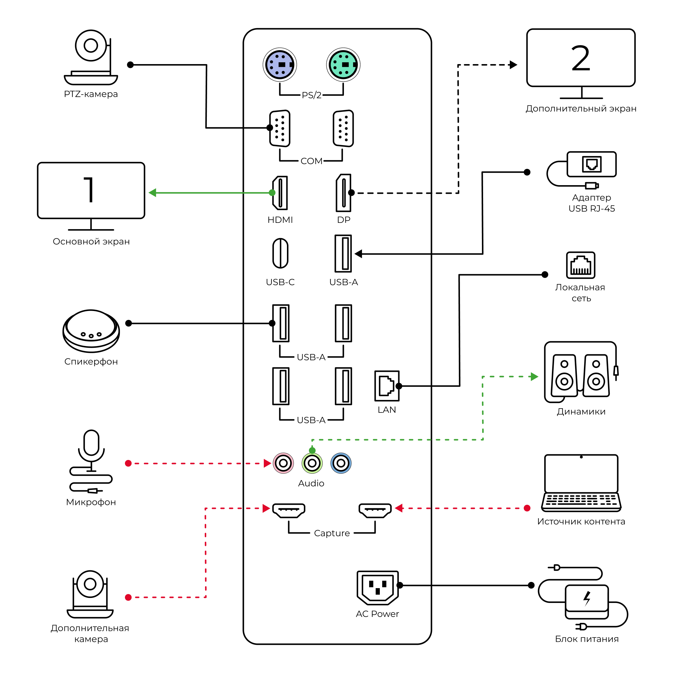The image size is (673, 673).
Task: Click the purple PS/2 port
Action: click(280, 65)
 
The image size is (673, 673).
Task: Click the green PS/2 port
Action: click(343, 65)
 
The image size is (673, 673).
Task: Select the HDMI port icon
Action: click(280, 193)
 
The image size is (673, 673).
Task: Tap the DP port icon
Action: click(343, 193)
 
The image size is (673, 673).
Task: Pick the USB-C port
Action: click(280, 253)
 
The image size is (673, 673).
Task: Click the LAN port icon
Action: click(387, 386)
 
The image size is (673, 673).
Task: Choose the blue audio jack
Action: click(341, 463)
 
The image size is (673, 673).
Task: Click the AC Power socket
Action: click(378, 588)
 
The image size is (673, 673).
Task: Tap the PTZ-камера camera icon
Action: click(91, 58)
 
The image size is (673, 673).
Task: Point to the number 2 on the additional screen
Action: click(581, 58)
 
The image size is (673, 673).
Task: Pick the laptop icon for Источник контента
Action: click(581, 483)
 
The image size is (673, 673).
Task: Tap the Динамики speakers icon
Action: click(581, 372)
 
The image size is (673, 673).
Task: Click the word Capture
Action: click(332, 533)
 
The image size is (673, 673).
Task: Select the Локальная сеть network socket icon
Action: click(581, 265)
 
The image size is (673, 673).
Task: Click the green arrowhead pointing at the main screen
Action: click(152, 193)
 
